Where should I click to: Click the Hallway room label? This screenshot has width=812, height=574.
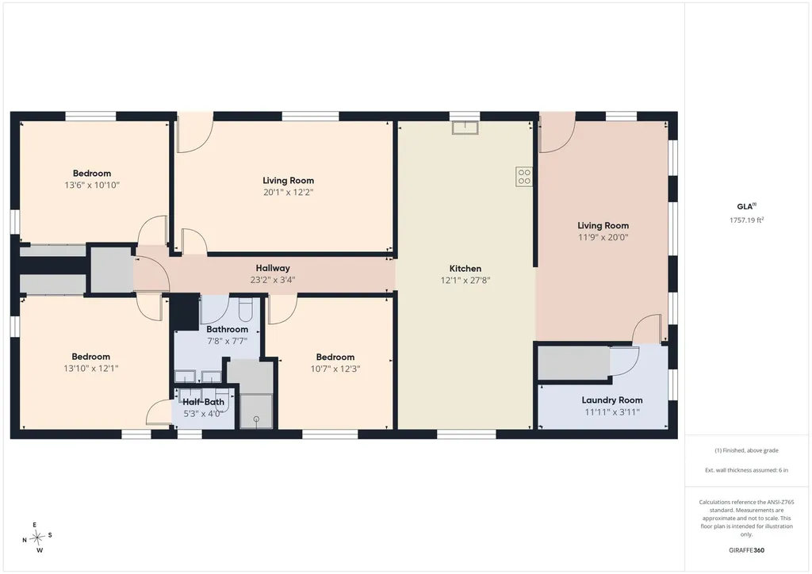coord(273,268)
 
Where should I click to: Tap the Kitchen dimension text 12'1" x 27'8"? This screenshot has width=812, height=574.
coord(465,281)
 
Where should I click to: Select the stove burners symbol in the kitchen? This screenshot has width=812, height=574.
coord(524,177)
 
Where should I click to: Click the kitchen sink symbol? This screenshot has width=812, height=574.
coord(465,128)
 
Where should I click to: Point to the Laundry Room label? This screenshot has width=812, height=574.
coord(611,400)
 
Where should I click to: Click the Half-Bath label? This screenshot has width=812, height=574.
coord(203,402)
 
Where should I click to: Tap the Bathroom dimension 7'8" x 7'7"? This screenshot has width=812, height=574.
coord(227,341)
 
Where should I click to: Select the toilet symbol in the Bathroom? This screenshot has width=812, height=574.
coord(245,309)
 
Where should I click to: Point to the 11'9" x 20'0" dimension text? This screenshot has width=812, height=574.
coord(603,238)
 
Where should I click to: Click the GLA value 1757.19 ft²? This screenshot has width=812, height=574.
coord(746,220)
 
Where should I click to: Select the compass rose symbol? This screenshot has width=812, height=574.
coord(37,538)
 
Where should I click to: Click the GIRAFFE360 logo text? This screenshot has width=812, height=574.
coord(746,550)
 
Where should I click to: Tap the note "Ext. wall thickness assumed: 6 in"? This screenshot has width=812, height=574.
coord(746,470)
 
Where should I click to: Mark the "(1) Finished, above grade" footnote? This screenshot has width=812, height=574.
coord(746,450)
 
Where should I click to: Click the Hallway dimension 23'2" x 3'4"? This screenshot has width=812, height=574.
coord(273,280)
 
